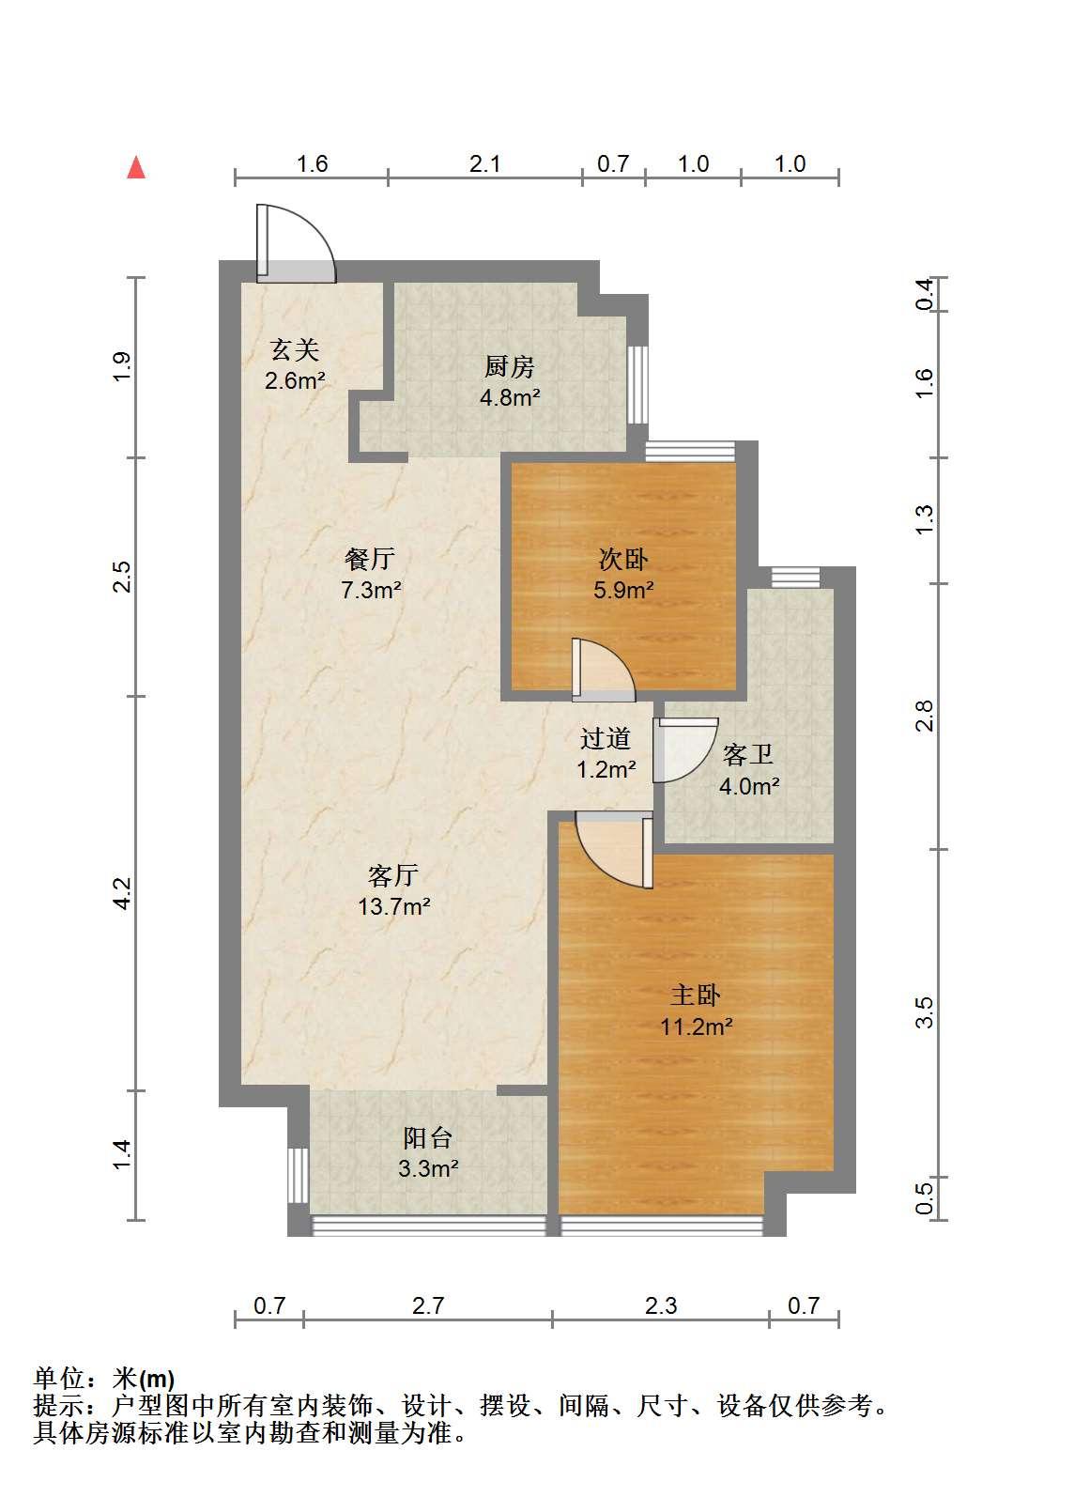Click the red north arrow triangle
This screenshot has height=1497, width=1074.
coord(136,168)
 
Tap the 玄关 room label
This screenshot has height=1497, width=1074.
coord(295,349)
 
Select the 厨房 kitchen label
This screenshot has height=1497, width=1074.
coord(510,366)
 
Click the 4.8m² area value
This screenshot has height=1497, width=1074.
coord(510,397)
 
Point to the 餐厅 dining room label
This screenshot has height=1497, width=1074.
coord(370,559)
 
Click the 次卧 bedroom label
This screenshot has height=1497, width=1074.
coord(623,559)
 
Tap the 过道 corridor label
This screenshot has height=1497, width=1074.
coord(606,738)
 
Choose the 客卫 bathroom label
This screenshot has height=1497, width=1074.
coord(748,754)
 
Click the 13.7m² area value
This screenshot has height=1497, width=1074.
coord(394,907)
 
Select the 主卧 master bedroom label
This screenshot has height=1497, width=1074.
coord(696,995)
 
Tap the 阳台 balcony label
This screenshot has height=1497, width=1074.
coord(428,1137)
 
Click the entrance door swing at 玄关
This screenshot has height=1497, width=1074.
coord(295,243)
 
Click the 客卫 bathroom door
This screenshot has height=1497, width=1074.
coord(685,749)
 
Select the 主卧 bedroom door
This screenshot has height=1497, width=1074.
coord(614,849)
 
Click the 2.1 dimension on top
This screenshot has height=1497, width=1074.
coord(484,163)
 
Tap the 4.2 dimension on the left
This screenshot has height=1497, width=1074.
coord(123,893)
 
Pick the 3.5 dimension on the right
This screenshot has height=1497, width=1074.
coord(924,1012)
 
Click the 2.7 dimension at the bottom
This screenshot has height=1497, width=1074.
coord(427,1305)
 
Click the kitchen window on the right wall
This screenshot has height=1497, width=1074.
coord(637,384)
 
